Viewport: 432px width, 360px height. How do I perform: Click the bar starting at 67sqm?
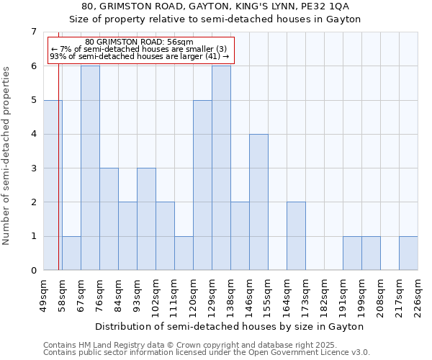(x=90, y=168)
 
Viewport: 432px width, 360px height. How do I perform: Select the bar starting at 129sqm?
(x=221, y=168)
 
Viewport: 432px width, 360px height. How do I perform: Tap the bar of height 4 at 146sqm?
(x=258, y=202)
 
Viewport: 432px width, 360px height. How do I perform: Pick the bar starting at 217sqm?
(x=408, y=253)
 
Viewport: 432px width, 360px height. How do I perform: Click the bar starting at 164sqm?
(x=296, y=236)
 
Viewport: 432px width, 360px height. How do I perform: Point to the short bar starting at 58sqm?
(x=71, y=253)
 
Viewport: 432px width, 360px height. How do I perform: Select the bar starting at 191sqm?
(x=352, y=253)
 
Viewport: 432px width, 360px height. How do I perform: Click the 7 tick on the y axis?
(x=33, y=32)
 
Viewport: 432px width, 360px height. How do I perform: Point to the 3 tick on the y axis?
(x=33, y=168)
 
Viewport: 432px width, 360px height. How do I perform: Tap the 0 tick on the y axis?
(x=33, y=271)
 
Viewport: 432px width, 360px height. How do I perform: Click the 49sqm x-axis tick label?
(x=43, y=296)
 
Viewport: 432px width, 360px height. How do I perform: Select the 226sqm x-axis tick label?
(x=418, y=296)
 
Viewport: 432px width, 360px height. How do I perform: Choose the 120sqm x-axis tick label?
(x=193, y=296)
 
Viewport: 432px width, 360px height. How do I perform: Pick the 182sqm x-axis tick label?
(x=324, y=296)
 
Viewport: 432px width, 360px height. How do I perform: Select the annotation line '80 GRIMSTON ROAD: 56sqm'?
(x=139, y=42)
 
